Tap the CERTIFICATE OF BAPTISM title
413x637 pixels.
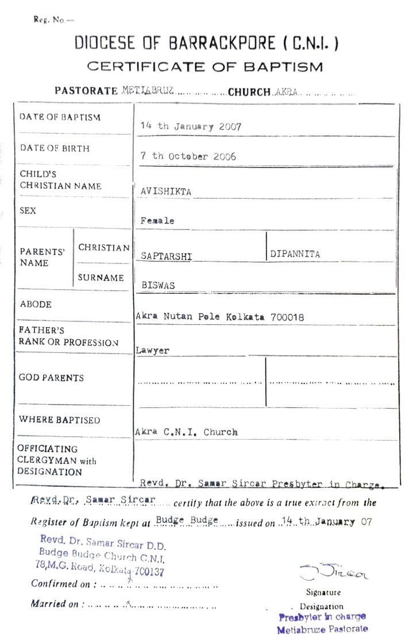(205, 67)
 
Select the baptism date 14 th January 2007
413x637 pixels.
(191, 127)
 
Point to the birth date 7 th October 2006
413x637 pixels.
(188, 156)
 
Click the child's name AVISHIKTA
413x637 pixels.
(166, 192)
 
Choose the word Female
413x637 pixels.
(157, 220)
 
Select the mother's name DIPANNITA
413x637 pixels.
(295, 254)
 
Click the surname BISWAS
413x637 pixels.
(158, 285)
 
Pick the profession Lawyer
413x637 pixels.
(153, 350)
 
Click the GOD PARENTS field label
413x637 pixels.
(51, 378)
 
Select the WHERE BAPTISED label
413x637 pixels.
(59, 420)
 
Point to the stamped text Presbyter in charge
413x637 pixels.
(322, 617)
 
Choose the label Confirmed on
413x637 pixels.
(61, 584)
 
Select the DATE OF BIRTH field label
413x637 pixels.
(55, 148)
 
